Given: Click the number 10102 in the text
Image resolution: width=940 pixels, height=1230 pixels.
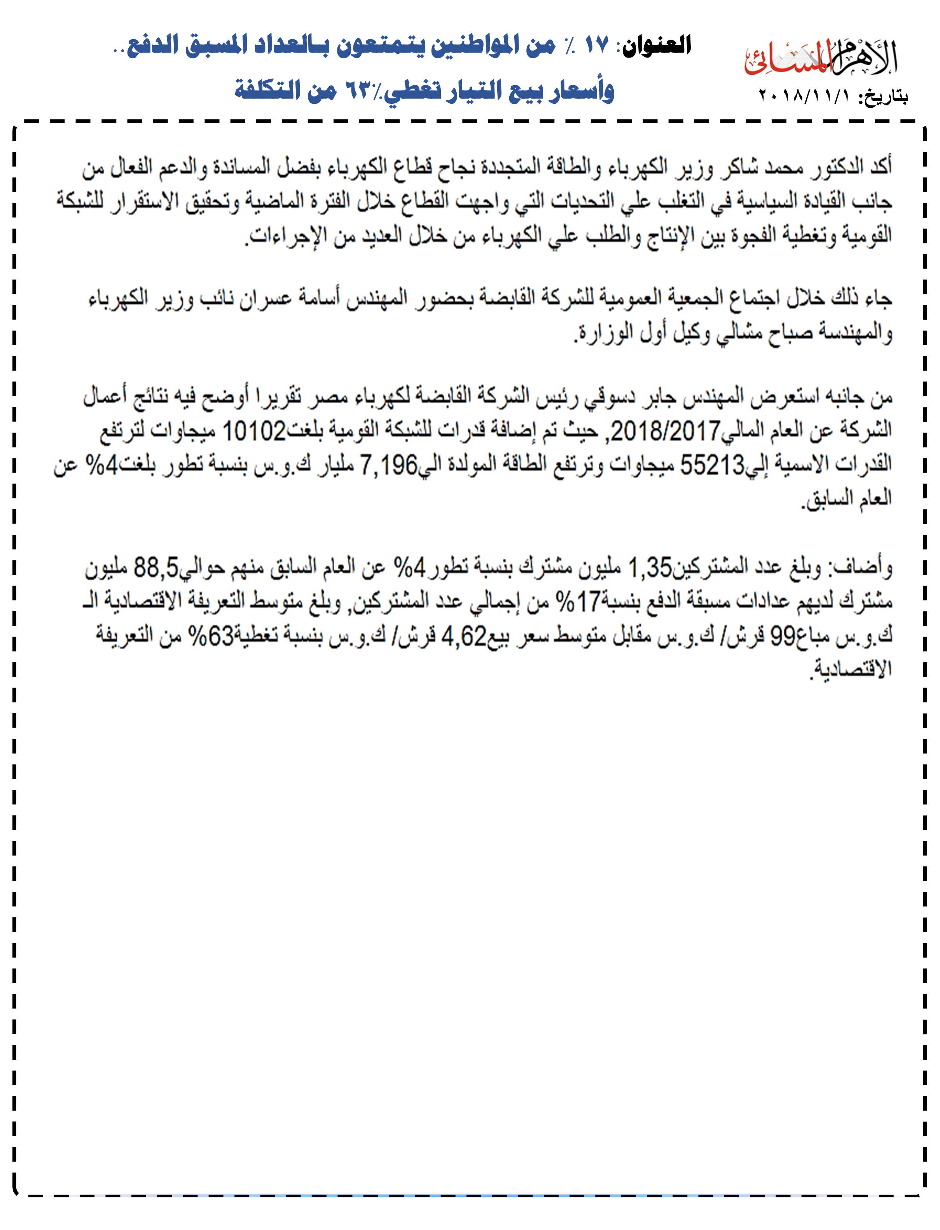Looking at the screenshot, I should (255, 431).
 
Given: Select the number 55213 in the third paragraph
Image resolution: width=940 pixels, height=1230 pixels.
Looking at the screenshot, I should (712, 464).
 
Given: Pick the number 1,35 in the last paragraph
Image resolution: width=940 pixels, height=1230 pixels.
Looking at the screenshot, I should (650, 569).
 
